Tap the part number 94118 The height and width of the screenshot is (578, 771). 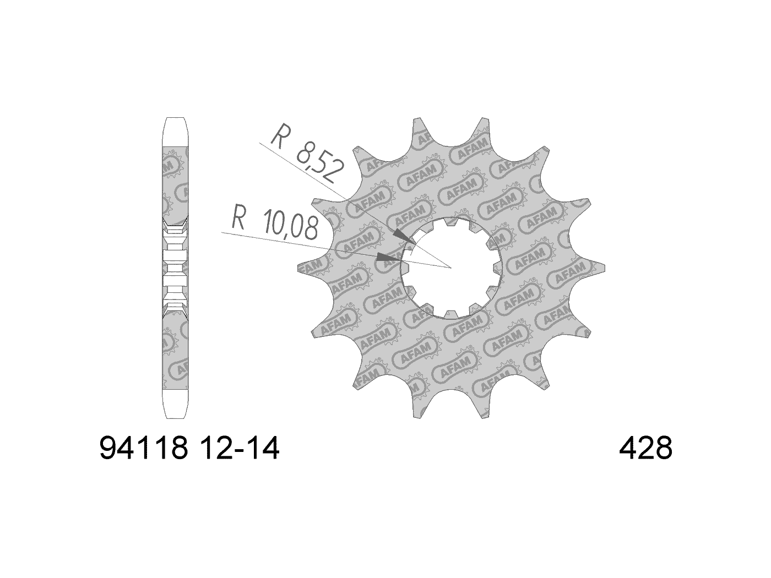click(x=144, y=450)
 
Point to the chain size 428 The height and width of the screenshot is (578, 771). click(x=645, y=450)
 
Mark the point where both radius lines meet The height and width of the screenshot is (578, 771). click(x=451, y=268)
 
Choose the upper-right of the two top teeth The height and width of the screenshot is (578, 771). click(x=484, y=123)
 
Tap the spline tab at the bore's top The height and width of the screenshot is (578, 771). click(x=451, y=223)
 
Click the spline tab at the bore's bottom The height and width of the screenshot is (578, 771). click(x=451, y=313)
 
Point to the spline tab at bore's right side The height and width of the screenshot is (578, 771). click(x=496, y=268)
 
